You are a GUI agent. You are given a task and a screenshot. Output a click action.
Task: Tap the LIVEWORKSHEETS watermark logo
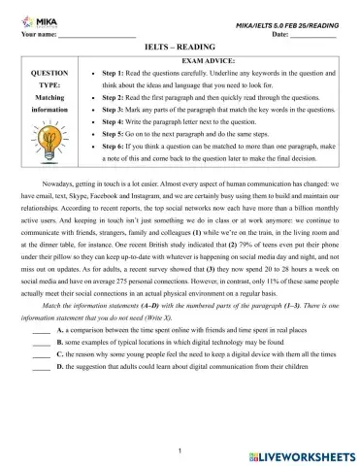pos(301,453)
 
